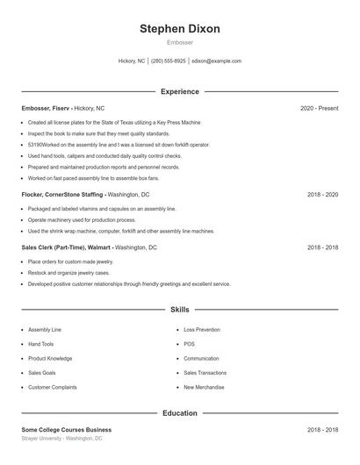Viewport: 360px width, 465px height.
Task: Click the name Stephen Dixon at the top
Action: pyautogui.click(x=180, y=28)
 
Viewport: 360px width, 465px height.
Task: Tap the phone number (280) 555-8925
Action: pyautogui.click(x=169, y=61)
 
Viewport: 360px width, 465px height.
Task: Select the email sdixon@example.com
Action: pyautogui.click(x=216, y=61)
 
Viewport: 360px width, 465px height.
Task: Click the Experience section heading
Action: pyautogui.click(x=180, y=91)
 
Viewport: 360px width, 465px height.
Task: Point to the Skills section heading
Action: pyautogui.click(x=180, y=310)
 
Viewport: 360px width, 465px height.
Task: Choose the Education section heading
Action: pyautogui.click(x=180, y=412)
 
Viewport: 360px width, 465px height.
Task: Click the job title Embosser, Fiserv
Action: pyautogui.click(x=47, y=108)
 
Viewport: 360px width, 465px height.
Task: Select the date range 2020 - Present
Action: pyautogui.click(x=319, y=108)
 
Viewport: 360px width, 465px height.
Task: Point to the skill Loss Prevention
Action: pyautogui.click(x=203, y=330)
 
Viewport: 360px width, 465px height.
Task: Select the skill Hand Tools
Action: pyautogui.click(x=40, y=344)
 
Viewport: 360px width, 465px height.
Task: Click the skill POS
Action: pyautogui.click(x=189, y=344)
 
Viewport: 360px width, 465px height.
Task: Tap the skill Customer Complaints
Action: pyautogui.click(x=52, y=387)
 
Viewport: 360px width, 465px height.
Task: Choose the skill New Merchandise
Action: pyautogui.click(x=203, y=387)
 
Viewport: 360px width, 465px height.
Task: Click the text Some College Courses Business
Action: pyautogui.click(x=67, y=430)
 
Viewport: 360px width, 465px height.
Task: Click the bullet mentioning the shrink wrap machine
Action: pyautogui.click(x=121, y=231)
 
